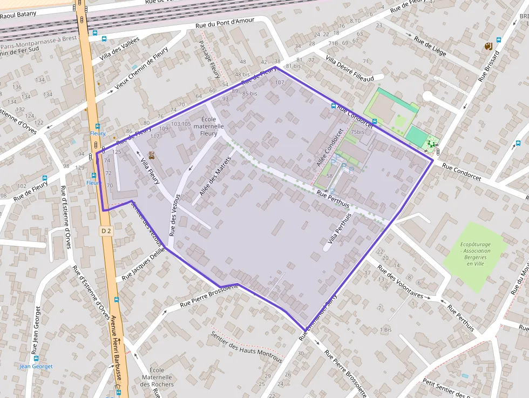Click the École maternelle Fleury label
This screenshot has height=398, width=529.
[x=209, y=126]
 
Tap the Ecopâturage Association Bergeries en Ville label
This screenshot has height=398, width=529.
[x=476, y=254]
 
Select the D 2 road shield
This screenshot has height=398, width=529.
[x=106, y=231]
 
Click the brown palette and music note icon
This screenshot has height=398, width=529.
[x=487, y=46]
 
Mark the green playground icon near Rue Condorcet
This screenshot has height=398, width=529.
[x=430, y=144]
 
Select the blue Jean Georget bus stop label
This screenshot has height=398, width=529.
[x=36, y=366]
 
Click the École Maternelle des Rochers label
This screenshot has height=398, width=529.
[x=157, y=377]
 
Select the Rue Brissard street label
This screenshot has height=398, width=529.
[x=489, y=66]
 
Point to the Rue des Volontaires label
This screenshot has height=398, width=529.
[x=400, y=281]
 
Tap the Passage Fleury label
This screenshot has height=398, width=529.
[x=208, y=59]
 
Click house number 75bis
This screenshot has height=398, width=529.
[x=357, y=132]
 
